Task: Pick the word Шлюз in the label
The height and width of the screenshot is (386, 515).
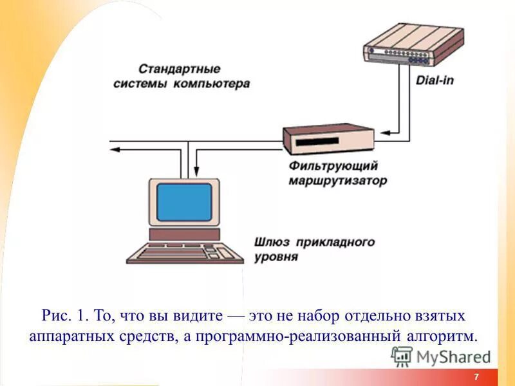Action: point(272,243)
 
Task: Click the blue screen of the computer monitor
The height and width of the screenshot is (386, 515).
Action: point(184,202)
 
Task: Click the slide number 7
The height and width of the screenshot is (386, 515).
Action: point(476,377)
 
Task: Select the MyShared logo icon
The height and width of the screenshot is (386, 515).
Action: point(402,356)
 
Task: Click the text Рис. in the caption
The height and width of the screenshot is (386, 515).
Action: point(55,316)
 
